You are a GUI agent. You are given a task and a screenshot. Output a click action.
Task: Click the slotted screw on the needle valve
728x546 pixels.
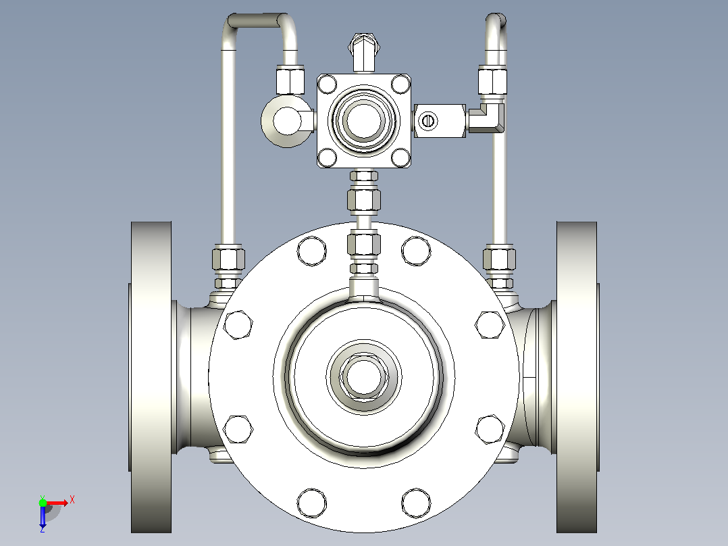[x=427, y=121]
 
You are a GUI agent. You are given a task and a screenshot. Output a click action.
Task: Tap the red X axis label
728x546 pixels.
[x=72, y=500]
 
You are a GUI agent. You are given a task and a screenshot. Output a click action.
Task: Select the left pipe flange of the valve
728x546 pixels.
[x=151, y=377]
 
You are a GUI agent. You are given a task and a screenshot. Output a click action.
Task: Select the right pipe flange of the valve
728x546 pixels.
[x=577, y=377]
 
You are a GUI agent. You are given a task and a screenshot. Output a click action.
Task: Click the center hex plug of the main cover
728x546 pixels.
[x=363, y=376]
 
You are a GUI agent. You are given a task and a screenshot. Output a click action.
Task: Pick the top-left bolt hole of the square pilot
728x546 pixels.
[x=328, y=84]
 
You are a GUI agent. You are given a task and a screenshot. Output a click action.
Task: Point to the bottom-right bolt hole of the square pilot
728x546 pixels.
[x=400, y=157]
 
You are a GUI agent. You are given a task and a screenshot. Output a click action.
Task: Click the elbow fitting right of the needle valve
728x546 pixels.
[x=486, y=118]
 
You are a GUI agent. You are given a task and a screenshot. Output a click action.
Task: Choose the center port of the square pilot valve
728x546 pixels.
[x=363, y=120]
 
